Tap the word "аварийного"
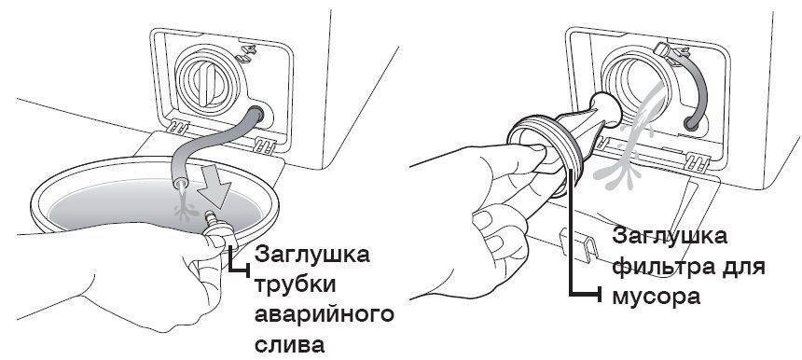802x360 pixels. (x=325, y=314)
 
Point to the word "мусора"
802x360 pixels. (x=656, y=297)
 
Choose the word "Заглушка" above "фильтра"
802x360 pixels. (x=669, y=237)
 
